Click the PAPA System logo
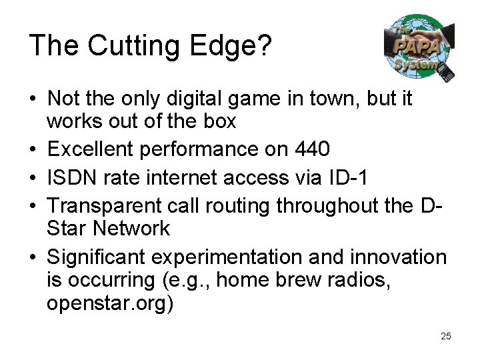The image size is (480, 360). [x=418, y=48]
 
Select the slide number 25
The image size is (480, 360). [x=446, y=336]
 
